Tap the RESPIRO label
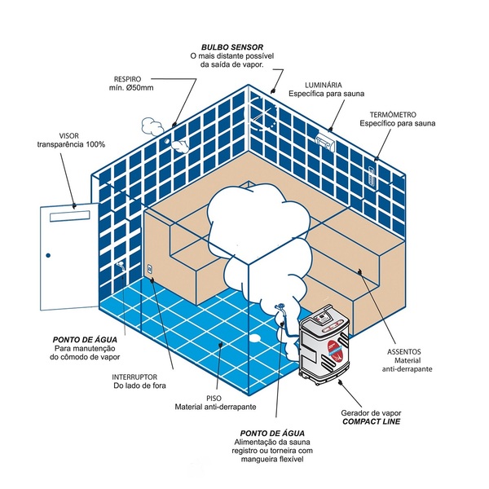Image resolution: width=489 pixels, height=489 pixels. point(130,79)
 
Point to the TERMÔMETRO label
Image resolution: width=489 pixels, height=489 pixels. point(394,114)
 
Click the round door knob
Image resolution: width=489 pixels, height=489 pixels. point(48,258)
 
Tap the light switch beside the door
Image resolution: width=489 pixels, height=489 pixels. point(148,268)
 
